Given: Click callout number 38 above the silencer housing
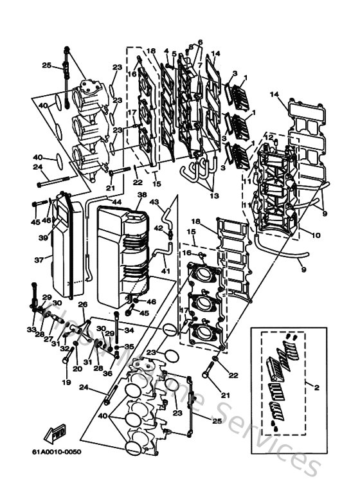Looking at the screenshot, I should click(x=141, y=195).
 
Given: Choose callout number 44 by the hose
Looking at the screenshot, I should click(x=116, y=202).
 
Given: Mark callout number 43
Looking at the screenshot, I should click(x=154, y=203).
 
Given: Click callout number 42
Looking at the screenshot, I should click(x=157, y=228).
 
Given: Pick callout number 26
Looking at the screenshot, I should click(x=82, y=304).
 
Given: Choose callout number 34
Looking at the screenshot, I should click(x=130, y=330).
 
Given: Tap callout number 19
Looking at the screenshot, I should click(x=65, y=383).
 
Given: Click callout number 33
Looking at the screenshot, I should click(x=30, y=330).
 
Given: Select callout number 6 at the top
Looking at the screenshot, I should click(x=200, y=42).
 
